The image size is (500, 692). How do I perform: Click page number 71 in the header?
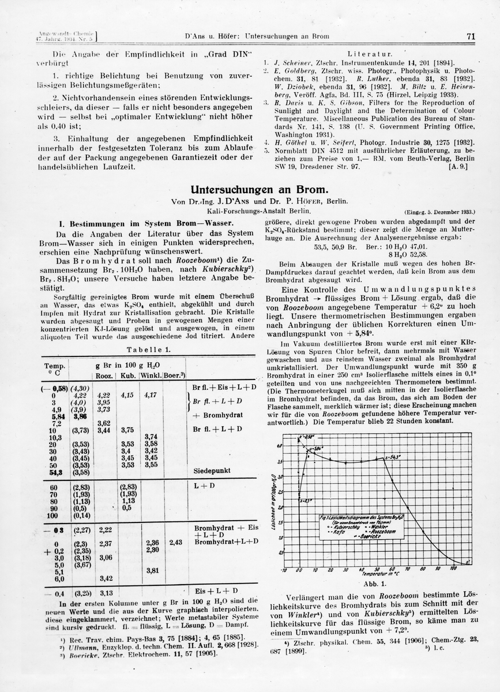coord(470,36)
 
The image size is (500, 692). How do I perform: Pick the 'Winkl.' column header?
coord(151,377)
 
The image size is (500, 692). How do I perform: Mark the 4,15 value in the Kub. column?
coord(127,396)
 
